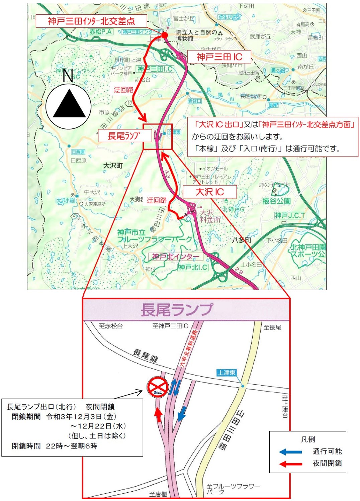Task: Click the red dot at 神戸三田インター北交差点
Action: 165,35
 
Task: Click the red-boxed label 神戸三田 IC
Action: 219,57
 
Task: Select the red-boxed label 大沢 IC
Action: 210,192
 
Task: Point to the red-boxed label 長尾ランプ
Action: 124,136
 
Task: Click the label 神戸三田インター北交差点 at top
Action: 91,21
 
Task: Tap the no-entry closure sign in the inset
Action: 158,387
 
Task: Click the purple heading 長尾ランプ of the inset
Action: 177,309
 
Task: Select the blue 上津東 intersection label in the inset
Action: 227,373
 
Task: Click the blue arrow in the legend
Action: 290,452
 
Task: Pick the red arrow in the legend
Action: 290,464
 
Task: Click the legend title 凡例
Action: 308,439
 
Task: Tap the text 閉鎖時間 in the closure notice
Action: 26,446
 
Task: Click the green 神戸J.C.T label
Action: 290,215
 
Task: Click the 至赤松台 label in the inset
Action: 111,326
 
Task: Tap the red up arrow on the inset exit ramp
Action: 158,415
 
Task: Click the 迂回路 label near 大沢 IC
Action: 157,200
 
